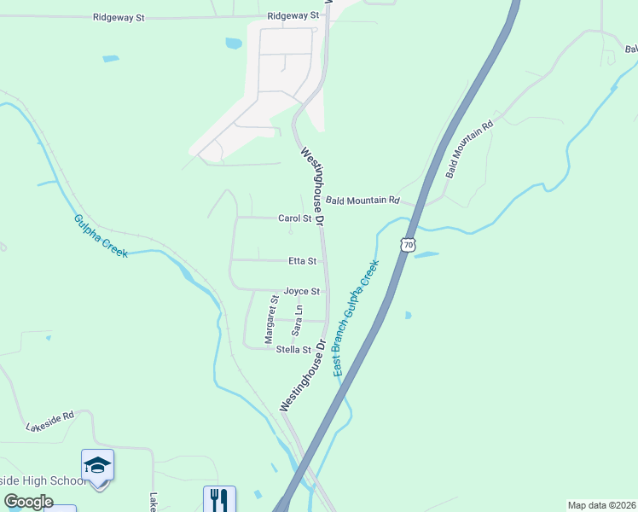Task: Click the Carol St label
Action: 295,218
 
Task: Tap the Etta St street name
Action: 300,261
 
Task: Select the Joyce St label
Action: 301,291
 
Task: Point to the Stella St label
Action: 293,349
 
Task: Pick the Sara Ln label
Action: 298,319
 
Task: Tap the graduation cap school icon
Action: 97,466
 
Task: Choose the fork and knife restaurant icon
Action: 219,498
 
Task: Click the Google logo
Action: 28,502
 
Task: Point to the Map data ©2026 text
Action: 601,504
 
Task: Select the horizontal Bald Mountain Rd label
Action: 362,201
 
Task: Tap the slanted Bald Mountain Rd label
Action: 470,149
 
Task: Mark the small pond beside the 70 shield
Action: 426,254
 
